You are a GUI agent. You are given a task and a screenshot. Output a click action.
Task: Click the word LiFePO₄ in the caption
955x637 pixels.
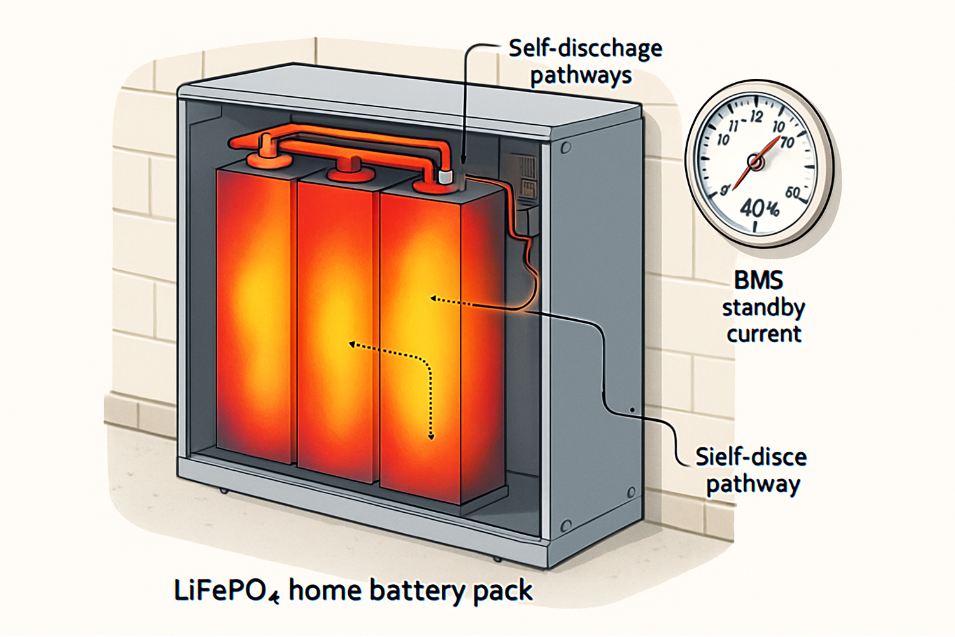[x=226, y=591]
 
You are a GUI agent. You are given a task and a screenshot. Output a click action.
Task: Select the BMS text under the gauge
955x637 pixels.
[x=758, y=280]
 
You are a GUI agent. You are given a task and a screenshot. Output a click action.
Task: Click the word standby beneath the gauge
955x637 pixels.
[x=763, y=308]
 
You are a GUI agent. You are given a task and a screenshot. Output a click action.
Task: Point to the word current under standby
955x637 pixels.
[x=764, y=334]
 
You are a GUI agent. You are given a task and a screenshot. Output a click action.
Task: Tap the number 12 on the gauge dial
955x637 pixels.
[x=756, y=117]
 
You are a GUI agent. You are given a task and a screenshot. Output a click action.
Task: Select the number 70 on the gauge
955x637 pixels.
[x=787, y=142]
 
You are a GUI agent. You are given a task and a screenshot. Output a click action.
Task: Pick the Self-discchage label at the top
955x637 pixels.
[x=585, y=48]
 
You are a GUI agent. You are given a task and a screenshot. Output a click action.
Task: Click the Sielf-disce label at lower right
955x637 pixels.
[x=751, y=457]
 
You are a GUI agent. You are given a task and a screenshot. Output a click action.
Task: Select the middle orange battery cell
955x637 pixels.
[x=336, y=325]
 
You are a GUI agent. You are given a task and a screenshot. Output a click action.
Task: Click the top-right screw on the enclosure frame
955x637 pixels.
[x=565, y=148]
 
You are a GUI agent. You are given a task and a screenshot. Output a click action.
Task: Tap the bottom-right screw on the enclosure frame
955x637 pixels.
[x=565, y=526]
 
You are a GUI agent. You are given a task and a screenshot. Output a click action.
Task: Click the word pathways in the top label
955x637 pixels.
[x=581, y=75]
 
